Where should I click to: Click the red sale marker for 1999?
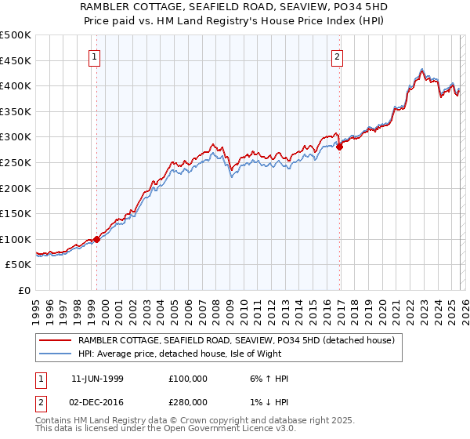point(97,239)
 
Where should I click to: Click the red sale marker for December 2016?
point(339,147)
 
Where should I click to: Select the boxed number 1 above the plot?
point(94,56)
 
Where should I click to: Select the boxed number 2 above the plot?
point(337,56)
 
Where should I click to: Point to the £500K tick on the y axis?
point(16,35)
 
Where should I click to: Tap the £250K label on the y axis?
point(16,162)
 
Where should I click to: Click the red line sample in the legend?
point(54,339)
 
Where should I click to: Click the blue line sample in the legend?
point(54,353)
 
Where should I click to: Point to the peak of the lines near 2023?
point(421,69)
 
